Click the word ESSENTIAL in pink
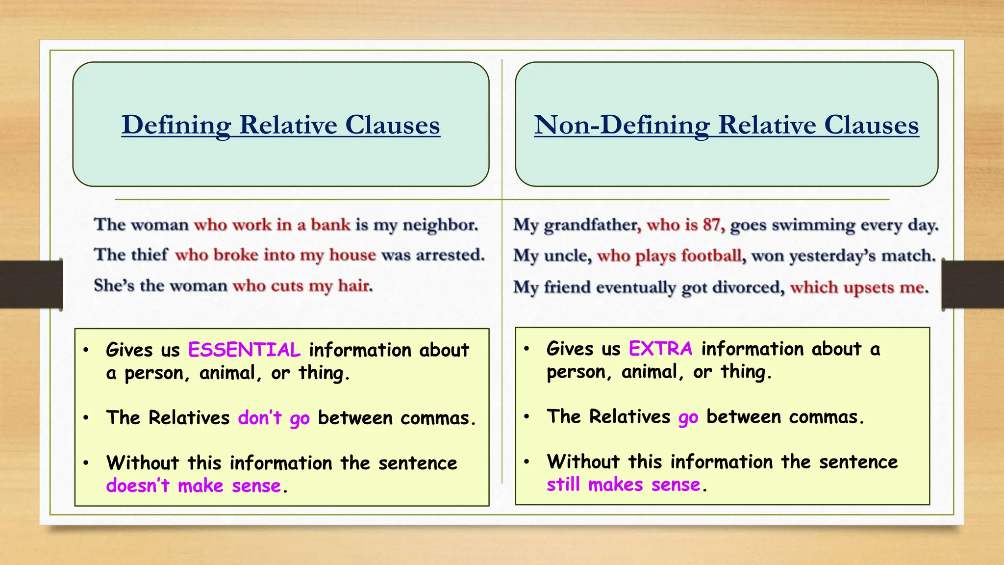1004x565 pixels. click(244, 350)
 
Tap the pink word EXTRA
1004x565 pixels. click(660, 349)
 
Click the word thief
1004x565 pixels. click(151, 255)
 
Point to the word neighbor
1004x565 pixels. click(440, 225)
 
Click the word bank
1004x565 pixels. click(330, 225)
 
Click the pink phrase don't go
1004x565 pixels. click(274, 418)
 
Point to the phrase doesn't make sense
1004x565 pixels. click(194, 486)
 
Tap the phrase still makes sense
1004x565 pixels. click(623, 485)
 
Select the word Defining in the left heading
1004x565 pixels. click(176, 125)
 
